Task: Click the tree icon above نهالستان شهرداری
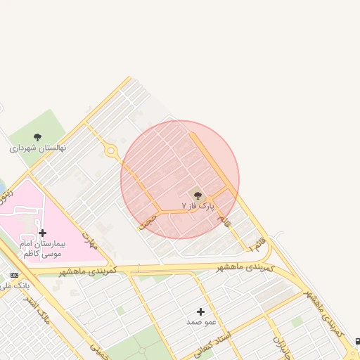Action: coord(37,138)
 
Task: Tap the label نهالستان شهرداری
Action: coord(37,149)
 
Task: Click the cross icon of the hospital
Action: coord(42,233)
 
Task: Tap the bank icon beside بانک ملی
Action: coord(15,274)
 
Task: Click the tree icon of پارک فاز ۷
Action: coord(196,194)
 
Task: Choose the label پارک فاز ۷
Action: coord(196,206)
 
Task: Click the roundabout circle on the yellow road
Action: coord(110,150)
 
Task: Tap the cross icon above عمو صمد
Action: coord(201,311)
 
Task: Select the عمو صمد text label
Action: coord(201,322)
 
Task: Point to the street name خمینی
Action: coord(98,348)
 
